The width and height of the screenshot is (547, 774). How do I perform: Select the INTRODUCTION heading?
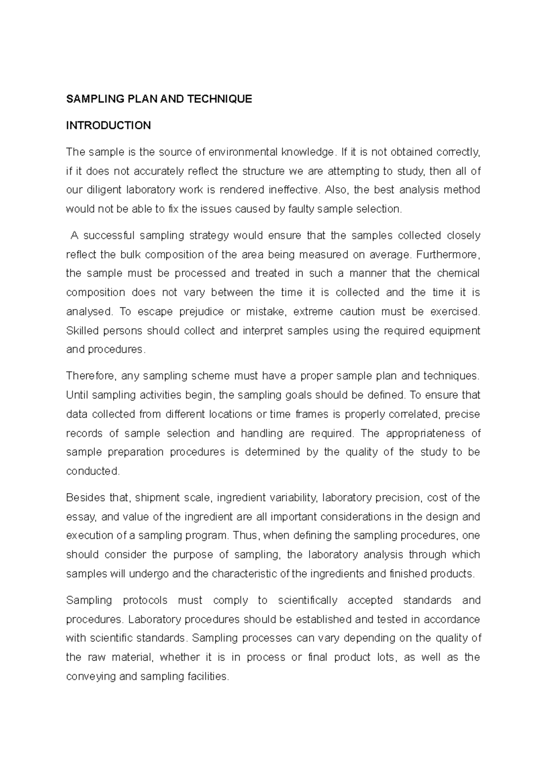click(108, 126)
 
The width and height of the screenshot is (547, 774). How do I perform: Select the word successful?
click(109, 236)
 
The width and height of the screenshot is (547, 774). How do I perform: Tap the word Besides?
click(85, 498)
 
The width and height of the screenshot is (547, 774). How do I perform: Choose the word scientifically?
click(307, 601)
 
